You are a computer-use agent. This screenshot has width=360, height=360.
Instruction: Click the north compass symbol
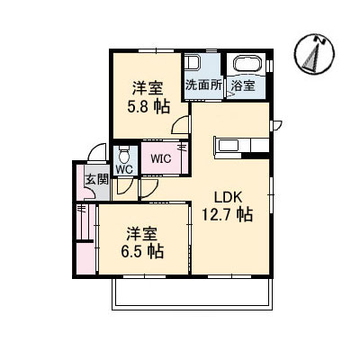pyautogui.click(x=314, y=54)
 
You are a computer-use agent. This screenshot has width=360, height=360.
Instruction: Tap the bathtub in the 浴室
pyautogui.click(x=248, y=64)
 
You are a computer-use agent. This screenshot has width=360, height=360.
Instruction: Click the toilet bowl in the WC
pyautogui.click(x=124, y=155)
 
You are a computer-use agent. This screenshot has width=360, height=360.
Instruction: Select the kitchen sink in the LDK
pyautogui.click(x=229, y=146)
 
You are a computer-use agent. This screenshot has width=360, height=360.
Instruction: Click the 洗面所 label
pyautogui.click(x=203, y=85)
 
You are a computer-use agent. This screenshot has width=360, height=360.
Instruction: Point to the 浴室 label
pyautogui.click(x=243, y=85)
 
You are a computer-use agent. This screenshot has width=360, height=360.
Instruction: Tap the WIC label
pyautogui.click(x=161, y=158)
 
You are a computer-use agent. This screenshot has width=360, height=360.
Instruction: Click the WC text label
pyautogui.click(x=124, y=169)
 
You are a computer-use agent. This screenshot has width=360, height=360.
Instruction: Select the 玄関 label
pyautogui.click(x=96, y=179)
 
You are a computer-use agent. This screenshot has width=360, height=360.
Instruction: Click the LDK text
pyautogui.click(x=228, y=197)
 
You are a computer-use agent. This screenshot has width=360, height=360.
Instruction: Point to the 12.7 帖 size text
pyautogui.click(x=227, y=214)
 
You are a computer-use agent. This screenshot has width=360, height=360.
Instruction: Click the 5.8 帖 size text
pyautogui.click(x=148, y=106)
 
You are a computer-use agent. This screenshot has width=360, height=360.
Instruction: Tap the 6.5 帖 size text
pyautogui.click(x=142, y=251)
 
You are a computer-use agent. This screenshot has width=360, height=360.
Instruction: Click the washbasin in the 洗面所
pyautogui.click(x=190, y=63)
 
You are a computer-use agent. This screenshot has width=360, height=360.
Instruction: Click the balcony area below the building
pyautogui.click(x=193, y=293)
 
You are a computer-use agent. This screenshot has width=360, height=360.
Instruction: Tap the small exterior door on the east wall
pyautogui.click(x=276, y=126)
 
